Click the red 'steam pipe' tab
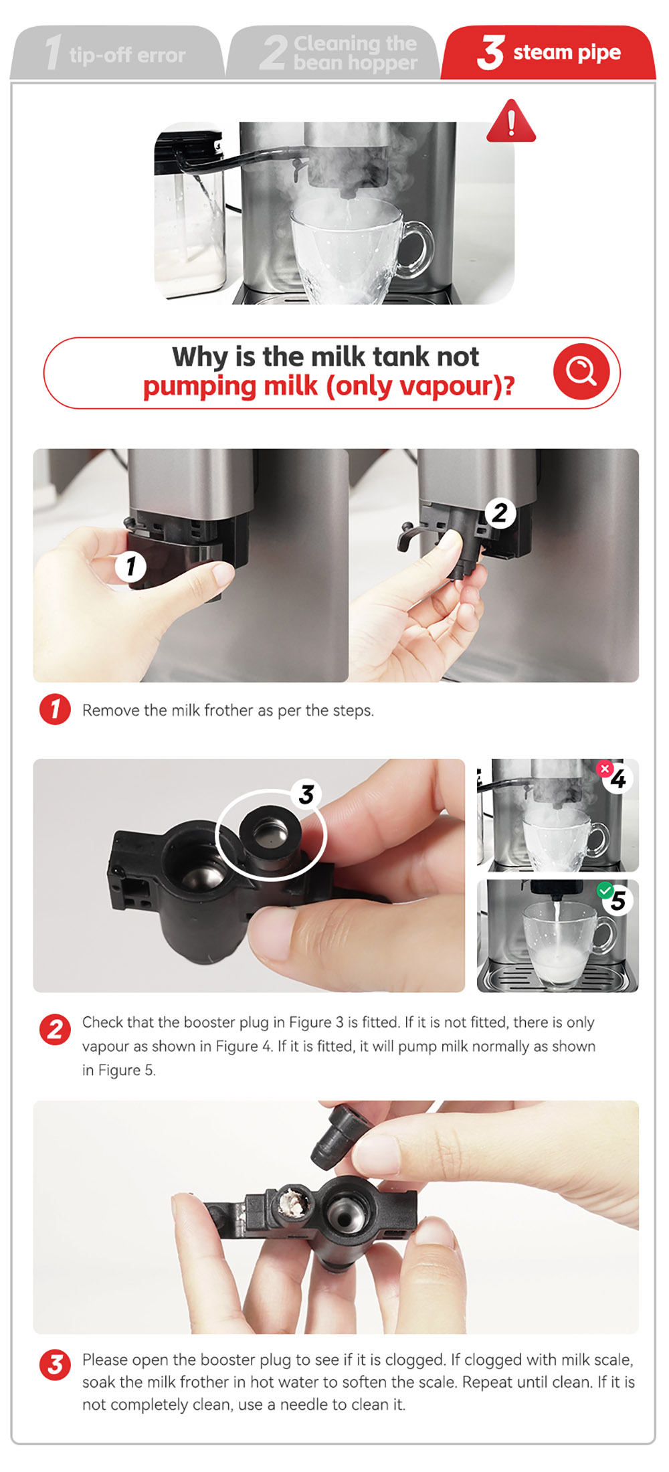[x=549, y=52]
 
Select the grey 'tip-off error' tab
[x=117, y=52]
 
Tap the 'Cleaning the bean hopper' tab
[x=332, y=52]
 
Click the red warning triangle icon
[x=511, y=122]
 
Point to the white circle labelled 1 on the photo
[x=130, y=566]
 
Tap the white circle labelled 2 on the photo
[x=500, y=513]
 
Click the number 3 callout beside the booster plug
[x=306, y=794]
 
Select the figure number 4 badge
[x=618, y=778]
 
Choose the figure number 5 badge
[x=618, y=901]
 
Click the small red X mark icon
[x=605, y=769]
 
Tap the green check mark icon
[x=605, y=891]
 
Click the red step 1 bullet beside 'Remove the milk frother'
[x=55, y=709]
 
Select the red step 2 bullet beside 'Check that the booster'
[x=55, y=1029]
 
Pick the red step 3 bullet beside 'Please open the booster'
[x=55, y=1365]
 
